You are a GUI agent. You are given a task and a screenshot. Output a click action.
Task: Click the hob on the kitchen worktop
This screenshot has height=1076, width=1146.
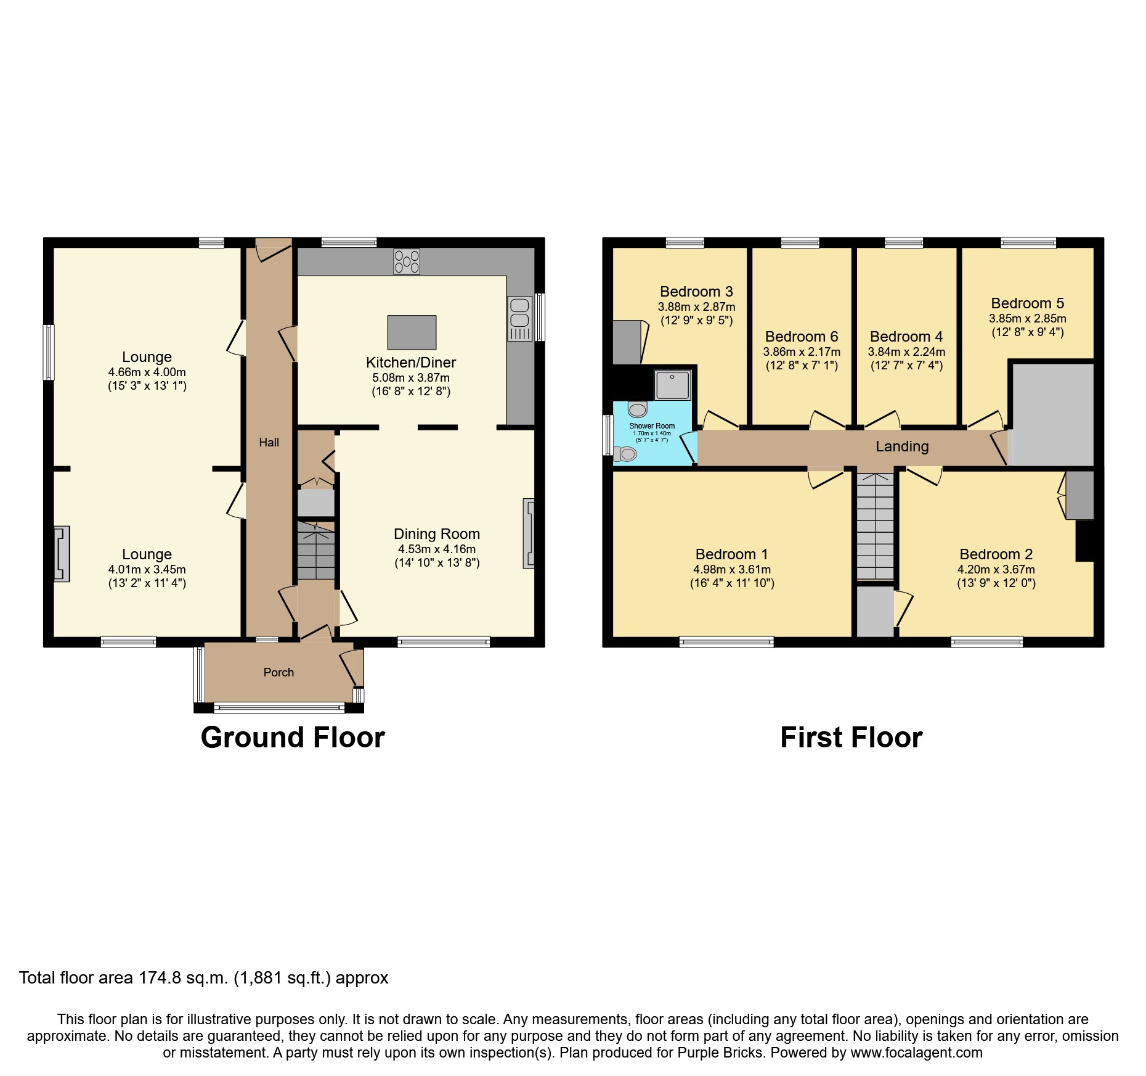407,261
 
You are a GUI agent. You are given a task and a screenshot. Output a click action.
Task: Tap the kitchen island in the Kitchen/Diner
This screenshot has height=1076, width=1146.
412,332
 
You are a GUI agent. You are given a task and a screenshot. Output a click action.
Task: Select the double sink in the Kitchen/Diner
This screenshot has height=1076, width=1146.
519,318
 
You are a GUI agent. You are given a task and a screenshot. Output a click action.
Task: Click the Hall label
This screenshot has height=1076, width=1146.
269,442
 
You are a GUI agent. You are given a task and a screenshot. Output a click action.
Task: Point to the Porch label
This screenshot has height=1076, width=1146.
278,672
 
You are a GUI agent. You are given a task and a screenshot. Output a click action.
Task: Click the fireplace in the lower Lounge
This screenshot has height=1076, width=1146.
62,553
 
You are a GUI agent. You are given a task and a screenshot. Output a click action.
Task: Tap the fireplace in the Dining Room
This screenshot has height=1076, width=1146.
528,533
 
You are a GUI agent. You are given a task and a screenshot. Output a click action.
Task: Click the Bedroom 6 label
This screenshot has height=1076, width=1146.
801,337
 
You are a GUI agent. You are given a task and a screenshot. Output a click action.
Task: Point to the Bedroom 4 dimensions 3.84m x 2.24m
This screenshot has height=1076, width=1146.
906,352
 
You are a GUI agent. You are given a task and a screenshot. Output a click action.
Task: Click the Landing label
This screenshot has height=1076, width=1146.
902,446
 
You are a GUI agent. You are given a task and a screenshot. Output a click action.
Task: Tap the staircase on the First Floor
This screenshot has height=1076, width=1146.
875,527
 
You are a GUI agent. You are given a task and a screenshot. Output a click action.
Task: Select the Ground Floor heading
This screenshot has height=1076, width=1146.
293,737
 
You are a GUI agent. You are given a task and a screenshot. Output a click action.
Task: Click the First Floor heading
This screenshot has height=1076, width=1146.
851,737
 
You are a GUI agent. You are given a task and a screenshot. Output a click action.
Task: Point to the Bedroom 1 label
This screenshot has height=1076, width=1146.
731,554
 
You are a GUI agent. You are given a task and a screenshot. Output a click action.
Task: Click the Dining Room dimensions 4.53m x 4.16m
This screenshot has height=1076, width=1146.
436,549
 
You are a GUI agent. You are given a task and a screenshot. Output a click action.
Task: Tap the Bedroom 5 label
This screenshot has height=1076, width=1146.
1027,303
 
